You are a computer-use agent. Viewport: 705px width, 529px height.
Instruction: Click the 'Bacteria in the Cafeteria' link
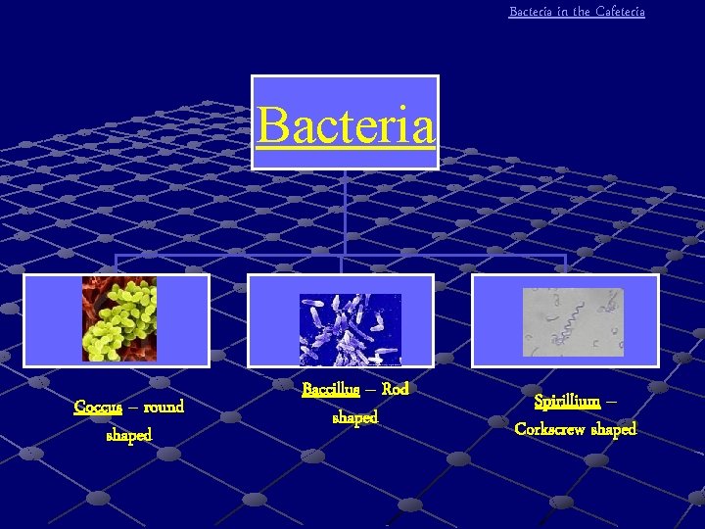tap(577, 12)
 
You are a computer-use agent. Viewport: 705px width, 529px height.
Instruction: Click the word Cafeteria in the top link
tap(620, 12)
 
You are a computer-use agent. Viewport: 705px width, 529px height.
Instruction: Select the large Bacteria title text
tap(345, 124)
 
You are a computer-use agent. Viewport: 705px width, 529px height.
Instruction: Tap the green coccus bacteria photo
tap(118, 318)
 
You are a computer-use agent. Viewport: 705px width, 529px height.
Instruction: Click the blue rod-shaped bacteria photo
tap(350, 329)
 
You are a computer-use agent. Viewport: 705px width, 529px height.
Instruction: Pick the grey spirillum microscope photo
tap(572, 322)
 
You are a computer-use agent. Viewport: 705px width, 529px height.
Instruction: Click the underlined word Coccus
tap(98, 407)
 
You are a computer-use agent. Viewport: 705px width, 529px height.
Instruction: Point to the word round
tap(163, 407)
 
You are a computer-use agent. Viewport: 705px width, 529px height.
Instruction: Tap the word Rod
tap(395, 390)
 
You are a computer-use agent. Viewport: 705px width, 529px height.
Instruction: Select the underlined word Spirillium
tap(567, 402)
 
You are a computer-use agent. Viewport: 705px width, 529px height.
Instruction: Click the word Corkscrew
tap(550, 429)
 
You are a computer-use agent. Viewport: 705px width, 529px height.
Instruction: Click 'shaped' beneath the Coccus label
tap(129, 435)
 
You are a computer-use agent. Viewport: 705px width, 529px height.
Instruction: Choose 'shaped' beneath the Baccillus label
tap(354, 418)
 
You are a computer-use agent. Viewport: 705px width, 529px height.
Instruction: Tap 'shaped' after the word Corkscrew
tap(614, 429)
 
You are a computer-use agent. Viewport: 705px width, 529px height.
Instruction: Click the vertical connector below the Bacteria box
tap(345, 211)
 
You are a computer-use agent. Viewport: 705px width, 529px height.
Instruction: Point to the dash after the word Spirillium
tap(612, 402)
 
